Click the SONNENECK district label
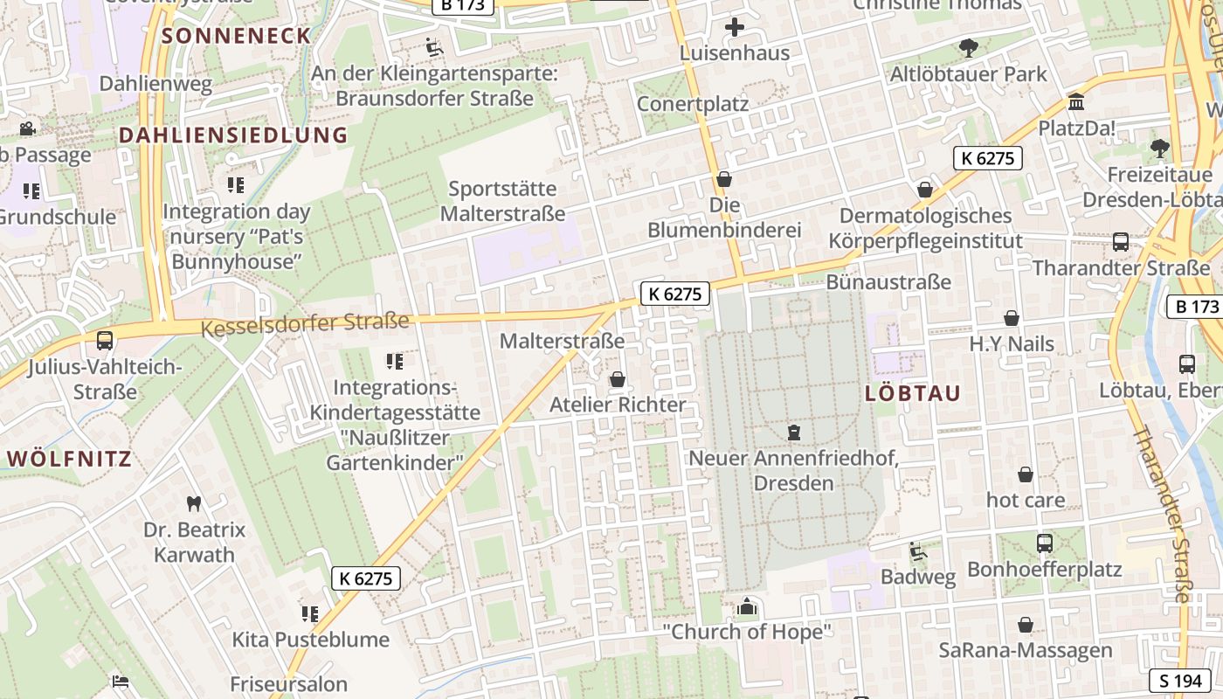tap(237, 36)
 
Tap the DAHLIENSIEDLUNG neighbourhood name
tap(233, 135)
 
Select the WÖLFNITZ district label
tap(69, 459)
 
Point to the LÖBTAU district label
tap(913, 393)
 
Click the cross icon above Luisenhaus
tap(735, 27)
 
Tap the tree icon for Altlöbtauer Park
tap(968, 48)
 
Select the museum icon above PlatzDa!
tap(1076, 102)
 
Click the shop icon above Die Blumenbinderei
tap(723, 180)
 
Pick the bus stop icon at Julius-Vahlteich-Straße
tap(105, 340)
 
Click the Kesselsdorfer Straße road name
tap(305, 324)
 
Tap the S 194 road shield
tap(1180, 681)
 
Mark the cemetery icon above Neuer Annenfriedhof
tap(793, 432)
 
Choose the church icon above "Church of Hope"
tap(747, 606)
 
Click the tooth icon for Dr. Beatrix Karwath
tap(194, 503)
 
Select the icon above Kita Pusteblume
tap(310, 614)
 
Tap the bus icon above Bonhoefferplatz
tap(1044, 543)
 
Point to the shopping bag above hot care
tap(1026, 474)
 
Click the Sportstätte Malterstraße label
tap(502, 201)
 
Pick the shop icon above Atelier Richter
tap(618, 379)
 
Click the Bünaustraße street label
tap(888, 281)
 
